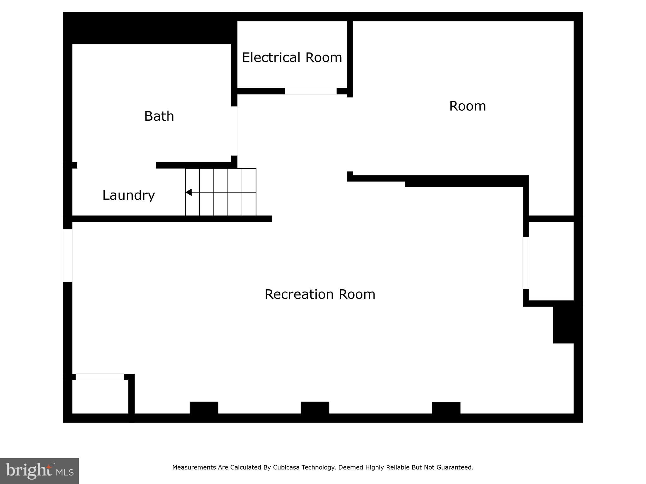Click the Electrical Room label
click(x=292, y=58)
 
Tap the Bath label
click(x=159, y=116)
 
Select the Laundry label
click(x=129, y=195)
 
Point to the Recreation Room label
click(x=320, y=294)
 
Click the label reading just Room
click(x=467, y=106)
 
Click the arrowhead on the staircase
click(x=189, y=192)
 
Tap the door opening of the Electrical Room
click(x=311, y=91)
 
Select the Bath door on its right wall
click(x=234, y=131)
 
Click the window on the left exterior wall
click(x=68, y=256)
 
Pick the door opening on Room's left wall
click(x=350, y=135)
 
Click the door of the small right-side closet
click(x=526, y=263)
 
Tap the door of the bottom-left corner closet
click(x=100, y=377)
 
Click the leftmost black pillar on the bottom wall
click(x=204, y=408)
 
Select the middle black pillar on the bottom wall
click(x=315, y=408)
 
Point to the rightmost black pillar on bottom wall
click(x=446, y=408)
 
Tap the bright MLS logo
click(x=39, y=471)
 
